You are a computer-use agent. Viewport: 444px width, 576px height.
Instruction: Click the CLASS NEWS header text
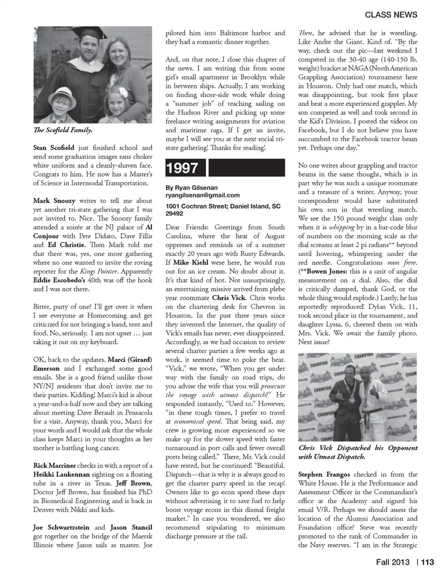(x=391, y=14)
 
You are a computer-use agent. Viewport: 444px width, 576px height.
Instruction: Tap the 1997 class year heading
(x=183, y=168)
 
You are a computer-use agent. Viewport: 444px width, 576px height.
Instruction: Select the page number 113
(x=428, y=562)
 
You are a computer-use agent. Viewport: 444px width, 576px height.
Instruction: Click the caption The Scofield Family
(x=63, y=130)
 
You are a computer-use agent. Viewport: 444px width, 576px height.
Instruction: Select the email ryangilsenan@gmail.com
(x=203, y=195)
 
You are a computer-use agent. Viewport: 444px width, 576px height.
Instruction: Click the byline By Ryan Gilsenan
(x=191, y=187)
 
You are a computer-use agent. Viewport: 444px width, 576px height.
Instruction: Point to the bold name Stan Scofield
(x=54, y=148)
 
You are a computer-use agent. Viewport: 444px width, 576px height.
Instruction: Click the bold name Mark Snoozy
(x=53, y=201)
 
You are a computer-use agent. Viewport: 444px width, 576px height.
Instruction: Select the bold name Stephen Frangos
(x=324, y=474)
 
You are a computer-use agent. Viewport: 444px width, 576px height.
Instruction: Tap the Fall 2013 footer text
(x=392, y=562)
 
